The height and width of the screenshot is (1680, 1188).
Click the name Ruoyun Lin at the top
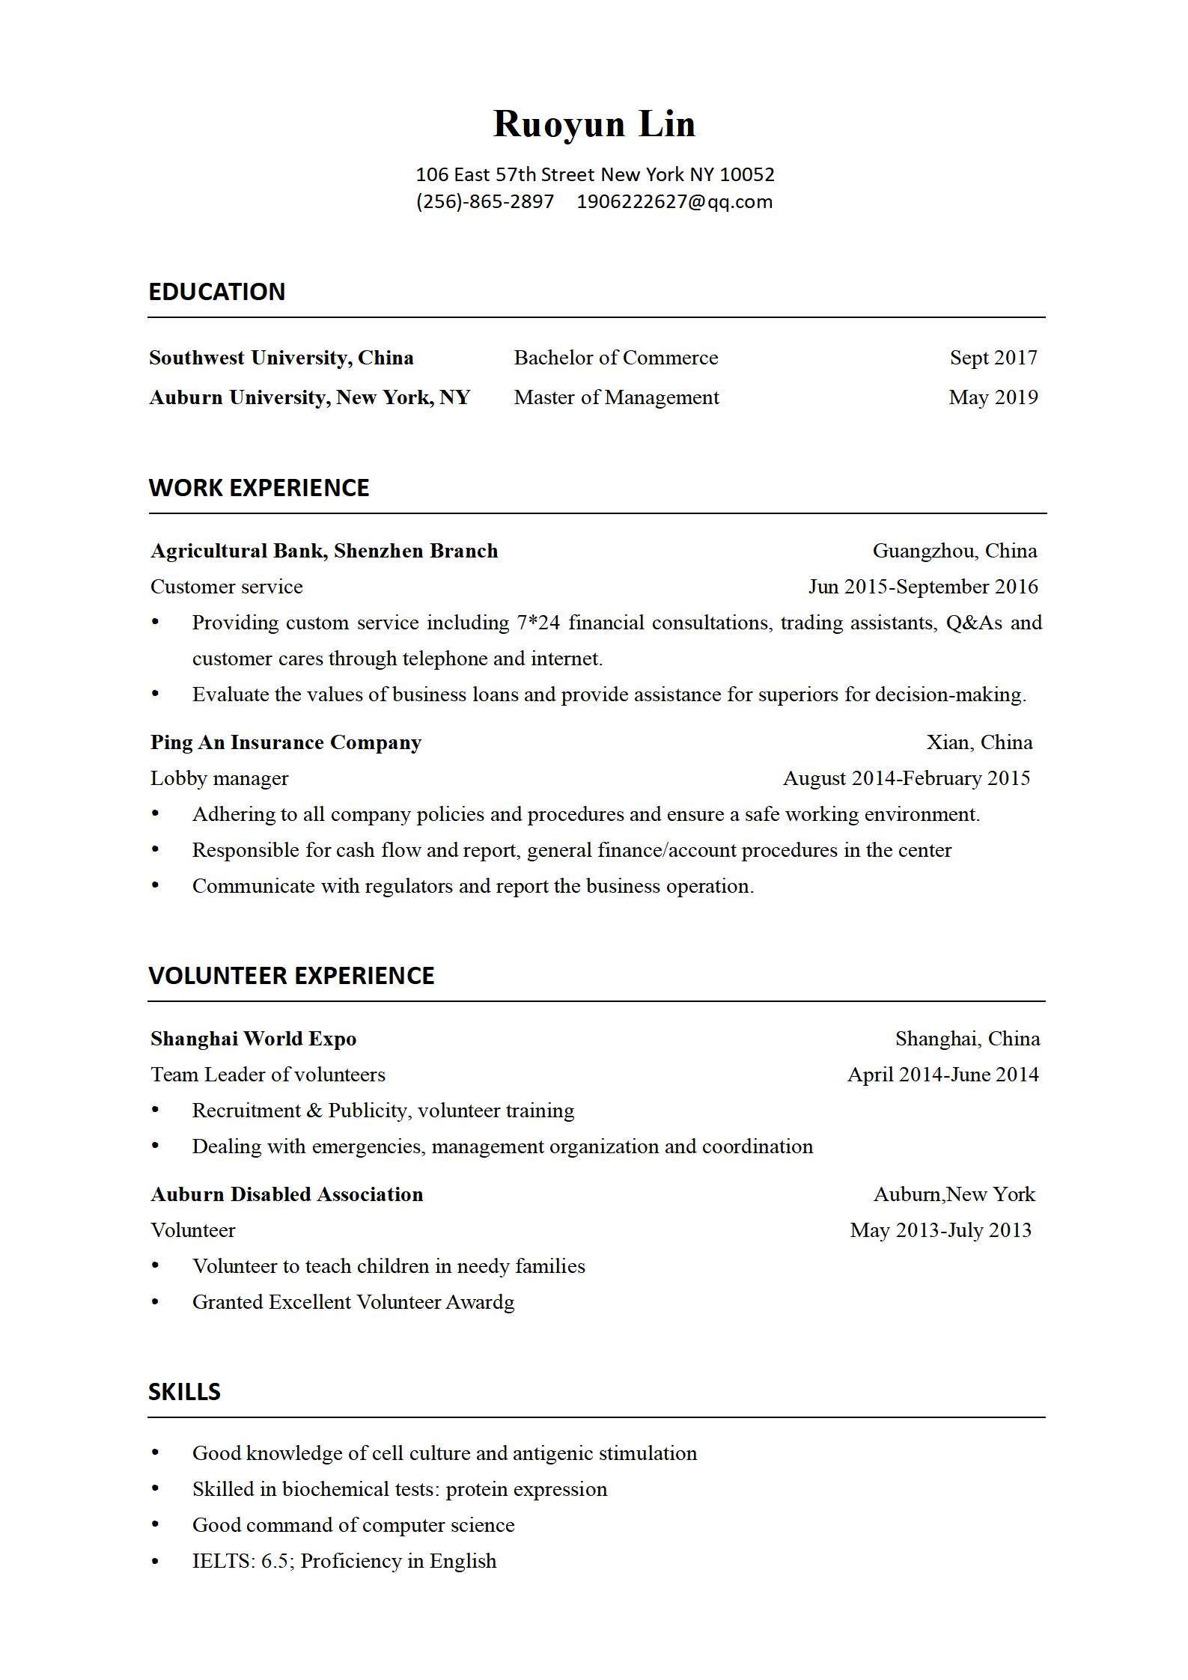coord(594,124)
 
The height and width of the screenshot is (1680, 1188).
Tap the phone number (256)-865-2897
coord(485,202)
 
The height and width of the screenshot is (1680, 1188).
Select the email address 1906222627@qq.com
coord(674,202)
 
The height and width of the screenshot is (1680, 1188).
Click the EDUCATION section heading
coord(216,292)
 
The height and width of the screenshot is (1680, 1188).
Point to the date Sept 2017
coord(993,358)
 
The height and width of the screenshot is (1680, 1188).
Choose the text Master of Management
coord(616,397)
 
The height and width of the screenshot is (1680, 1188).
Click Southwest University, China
coord(281,358)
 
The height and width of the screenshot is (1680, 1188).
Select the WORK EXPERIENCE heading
coord(259,488)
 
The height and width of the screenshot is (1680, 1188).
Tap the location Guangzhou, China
coord(954,551)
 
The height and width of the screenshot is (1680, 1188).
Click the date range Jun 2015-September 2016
coord(923,587)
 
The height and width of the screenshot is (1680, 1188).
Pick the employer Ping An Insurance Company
coord(286,742)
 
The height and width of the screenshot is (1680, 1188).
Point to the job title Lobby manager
coord(219,778)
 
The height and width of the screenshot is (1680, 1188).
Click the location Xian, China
coord(979,742)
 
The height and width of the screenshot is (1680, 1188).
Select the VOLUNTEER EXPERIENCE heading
coord(291,976)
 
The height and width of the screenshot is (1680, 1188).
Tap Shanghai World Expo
coord(254,1039)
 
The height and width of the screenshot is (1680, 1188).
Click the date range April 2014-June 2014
coord(943,1075)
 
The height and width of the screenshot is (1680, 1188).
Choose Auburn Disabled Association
coord(287,1194)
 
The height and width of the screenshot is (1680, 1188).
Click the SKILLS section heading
coord(184,1392)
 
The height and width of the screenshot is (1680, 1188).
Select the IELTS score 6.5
coord(275,1561)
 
